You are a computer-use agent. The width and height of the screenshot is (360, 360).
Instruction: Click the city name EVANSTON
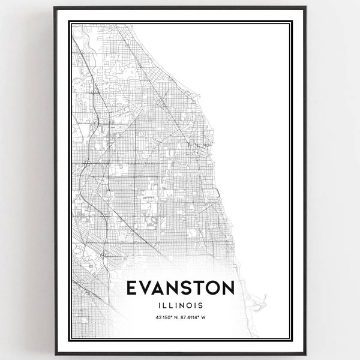point(180,289)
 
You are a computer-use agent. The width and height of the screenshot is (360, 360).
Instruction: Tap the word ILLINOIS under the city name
point(180,305)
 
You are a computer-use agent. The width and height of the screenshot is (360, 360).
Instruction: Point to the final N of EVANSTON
point(229,289)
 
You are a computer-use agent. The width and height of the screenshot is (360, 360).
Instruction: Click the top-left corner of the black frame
point(55,8)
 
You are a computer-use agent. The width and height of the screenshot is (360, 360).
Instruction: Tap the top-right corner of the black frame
point(305,8)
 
